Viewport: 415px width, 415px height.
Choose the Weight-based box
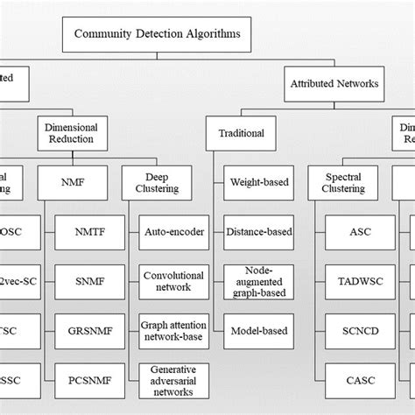(256, 184)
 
